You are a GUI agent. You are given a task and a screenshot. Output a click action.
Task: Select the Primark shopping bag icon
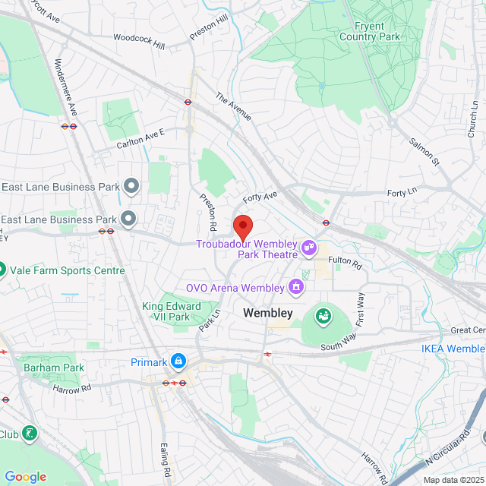tap(178, 361)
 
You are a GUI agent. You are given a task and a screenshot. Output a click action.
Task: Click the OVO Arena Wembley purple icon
tap(295, 287)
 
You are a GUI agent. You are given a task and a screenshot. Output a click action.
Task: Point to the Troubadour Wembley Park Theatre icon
tap(309, 247)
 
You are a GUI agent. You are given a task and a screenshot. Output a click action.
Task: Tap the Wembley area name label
tap(267, 313)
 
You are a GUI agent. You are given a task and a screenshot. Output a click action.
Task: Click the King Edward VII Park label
tap(172, 311)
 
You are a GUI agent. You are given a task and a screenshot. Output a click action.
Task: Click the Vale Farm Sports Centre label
tap(67, 270)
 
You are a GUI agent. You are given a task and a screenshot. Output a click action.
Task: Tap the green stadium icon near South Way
tap(323, 314)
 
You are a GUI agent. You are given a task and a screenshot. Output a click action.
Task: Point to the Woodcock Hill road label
tap(139, 42)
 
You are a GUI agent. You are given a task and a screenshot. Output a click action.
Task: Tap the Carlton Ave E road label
tap(140, 138)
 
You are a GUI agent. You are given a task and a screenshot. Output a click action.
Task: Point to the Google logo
tap(26, 477)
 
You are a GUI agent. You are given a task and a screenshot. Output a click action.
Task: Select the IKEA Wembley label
tap(453, 349)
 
